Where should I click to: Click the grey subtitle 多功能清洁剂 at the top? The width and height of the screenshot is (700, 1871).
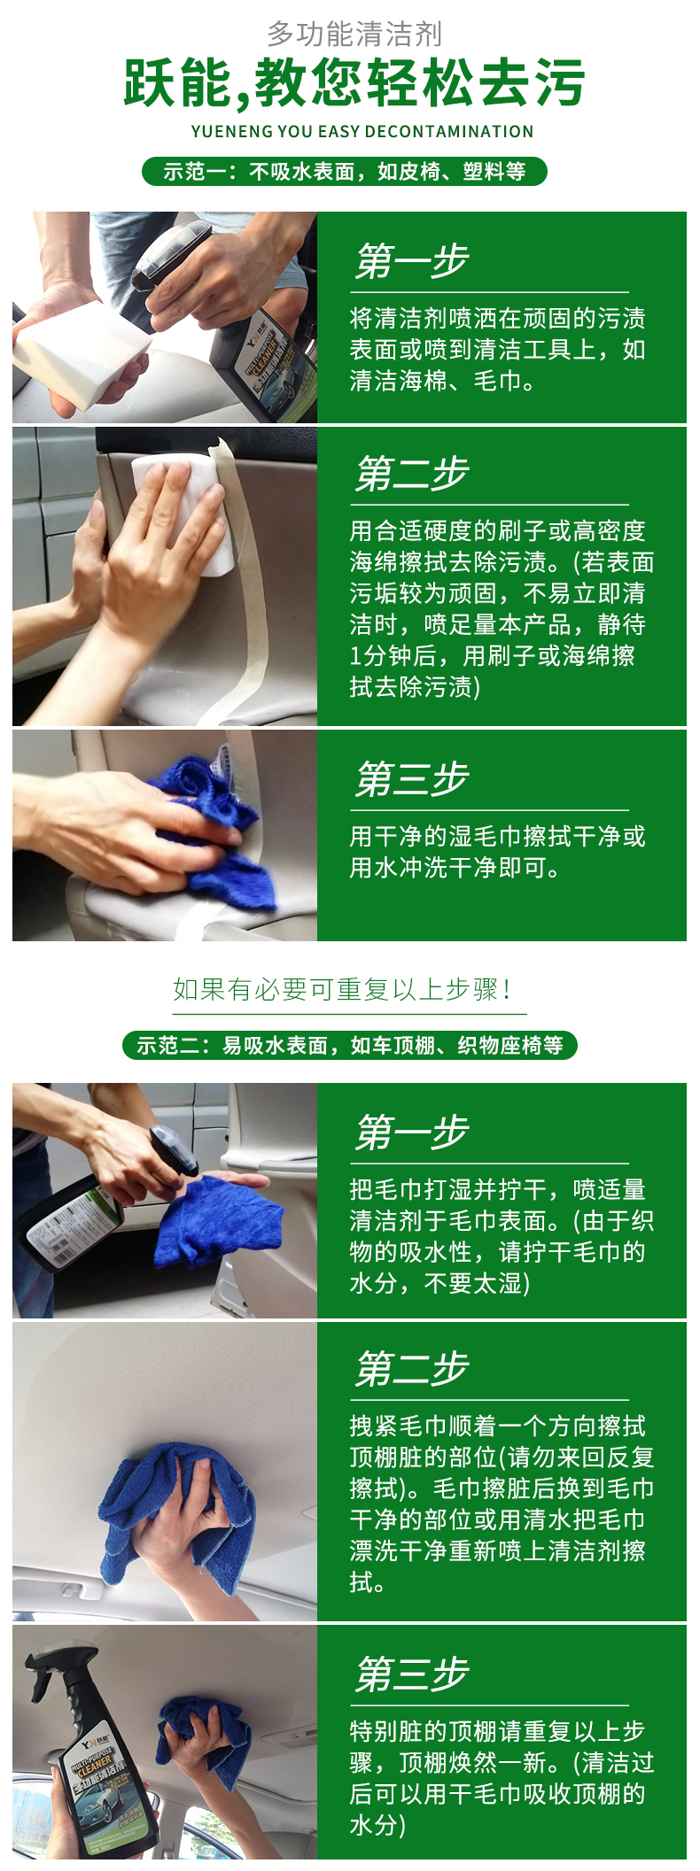(x=354, y=34)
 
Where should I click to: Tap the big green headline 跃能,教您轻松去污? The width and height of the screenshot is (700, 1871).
(x=354, y=83)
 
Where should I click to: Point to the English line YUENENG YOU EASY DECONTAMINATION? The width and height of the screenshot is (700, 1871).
(x=362, y=132)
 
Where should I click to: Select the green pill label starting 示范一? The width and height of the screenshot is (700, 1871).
(x=345, y=171)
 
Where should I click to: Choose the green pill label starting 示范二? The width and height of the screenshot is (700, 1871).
(x=350, y=1045)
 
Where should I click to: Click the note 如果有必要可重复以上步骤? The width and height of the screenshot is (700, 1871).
(x=342, y=989)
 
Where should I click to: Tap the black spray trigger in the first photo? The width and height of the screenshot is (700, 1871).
(x=173, y=257)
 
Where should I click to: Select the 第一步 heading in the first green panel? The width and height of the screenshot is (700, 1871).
(x=412, y=261)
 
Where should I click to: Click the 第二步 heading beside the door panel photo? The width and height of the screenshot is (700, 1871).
(x=412, y=474)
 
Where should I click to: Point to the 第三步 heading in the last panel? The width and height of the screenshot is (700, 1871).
(x=412, y=1674)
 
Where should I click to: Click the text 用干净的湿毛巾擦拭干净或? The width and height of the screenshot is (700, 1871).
(x=497, y=836)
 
